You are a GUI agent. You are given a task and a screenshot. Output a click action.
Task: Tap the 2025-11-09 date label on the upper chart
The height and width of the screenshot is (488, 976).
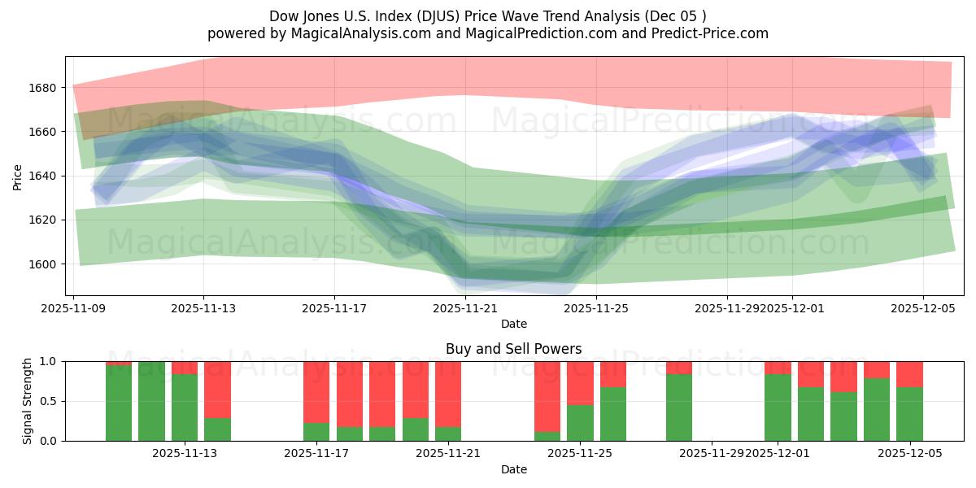click(x=73, y=309)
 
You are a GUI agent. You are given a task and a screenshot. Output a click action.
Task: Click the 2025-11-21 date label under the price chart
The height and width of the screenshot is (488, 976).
click(x=465, y=309)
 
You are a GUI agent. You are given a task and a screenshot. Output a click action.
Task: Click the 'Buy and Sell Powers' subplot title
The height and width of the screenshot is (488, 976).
click(x=513, y=349)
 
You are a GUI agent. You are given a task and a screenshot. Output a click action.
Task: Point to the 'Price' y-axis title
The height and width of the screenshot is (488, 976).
click(x=18, y=176)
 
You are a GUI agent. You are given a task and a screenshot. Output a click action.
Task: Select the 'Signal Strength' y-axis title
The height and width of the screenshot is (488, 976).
click(x=28, y=400)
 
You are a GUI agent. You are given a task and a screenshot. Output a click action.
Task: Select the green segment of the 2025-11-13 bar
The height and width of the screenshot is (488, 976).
click(x=185, y=407)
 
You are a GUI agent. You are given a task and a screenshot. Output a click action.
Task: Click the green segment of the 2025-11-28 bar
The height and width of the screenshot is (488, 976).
click(x=678, y=407)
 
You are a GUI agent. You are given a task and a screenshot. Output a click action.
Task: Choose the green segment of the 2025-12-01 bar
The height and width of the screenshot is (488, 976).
click(x=778, y=407)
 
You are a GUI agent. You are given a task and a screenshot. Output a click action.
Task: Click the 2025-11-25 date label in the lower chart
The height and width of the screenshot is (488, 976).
click(x=580, y=453)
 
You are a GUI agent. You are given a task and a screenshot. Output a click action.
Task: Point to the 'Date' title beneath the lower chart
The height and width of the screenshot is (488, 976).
click(x=513, y=469)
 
